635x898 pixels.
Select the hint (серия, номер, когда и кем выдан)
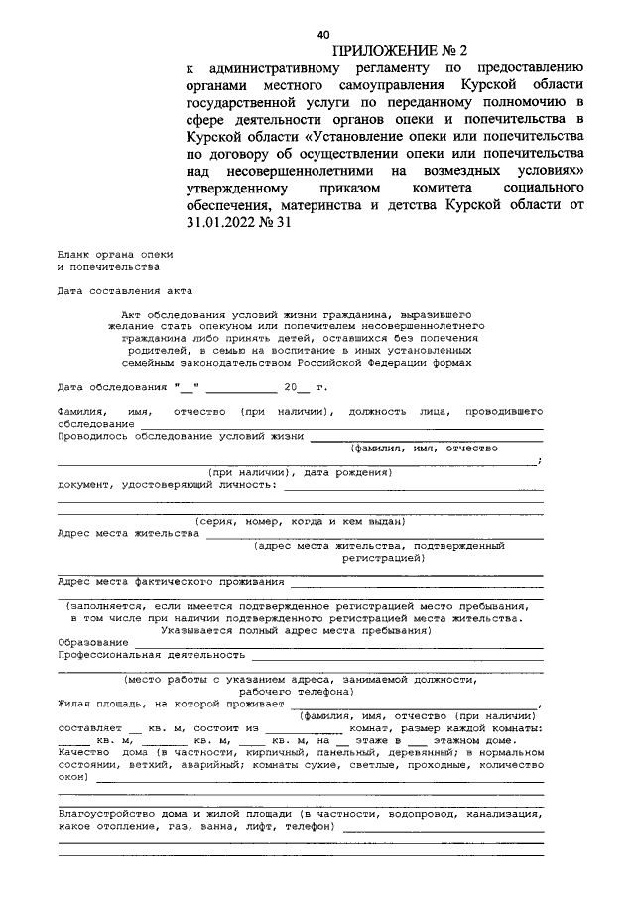299,521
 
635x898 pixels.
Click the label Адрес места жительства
129,533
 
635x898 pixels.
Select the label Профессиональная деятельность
151,655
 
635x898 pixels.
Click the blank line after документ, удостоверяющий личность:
413,487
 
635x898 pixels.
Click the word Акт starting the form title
130,313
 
